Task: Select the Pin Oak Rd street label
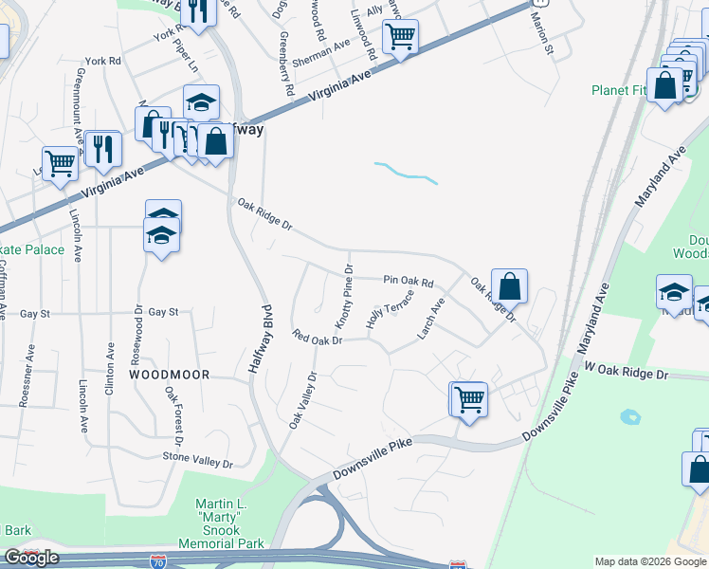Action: pyautogui.click(x=409, y=282)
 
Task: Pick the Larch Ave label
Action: pyautogui.click(x=430, y=319)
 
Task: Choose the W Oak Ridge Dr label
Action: pyautogui.click(x=627, y=371)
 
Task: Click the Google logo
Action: pyautogui.click(x=31, y=558)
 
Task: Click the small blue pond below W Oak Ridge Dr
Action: pyautogui.click(x=628, y=416)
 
